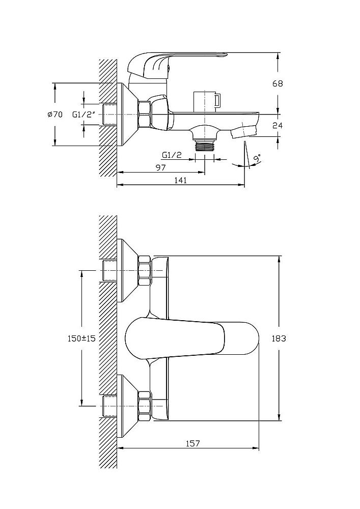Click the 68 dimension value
[x=278, y=83]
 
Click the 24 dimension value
[x=278, y=125]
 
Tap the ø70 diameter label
[x=55, y=114]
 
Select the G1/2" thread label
[x=84, y=114]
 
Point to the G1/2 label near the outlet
[x=172, y=155]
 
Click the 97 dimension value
[x=160, y=167]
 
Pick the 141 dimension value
[x=181, y=180]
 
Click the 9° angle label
[x=258, y=159]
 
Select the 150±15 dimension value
[x=81, y=338]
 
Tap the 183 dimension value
[x=279, y=338]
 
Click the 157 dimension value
[x=193, y=443]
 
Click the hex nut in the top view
[x=145, y=114]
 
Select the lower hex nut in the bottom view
[x=145, y=406]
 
